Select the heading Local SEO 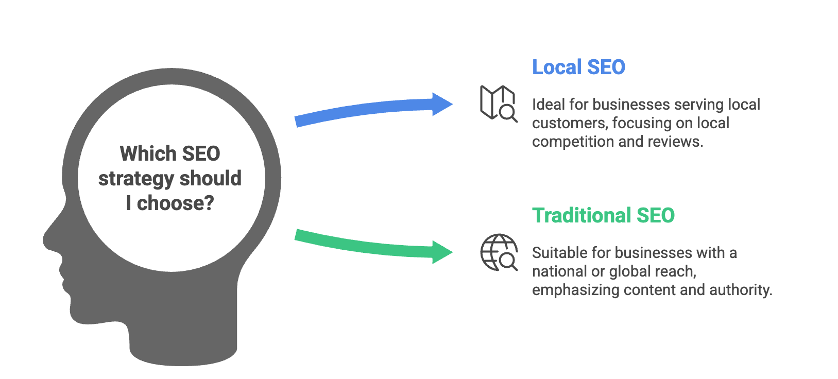coord(578,67)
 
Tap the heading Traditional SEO coord(603,216)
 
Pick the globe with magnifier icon coord(498,252)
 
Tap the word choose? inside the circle coord(175,203)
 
